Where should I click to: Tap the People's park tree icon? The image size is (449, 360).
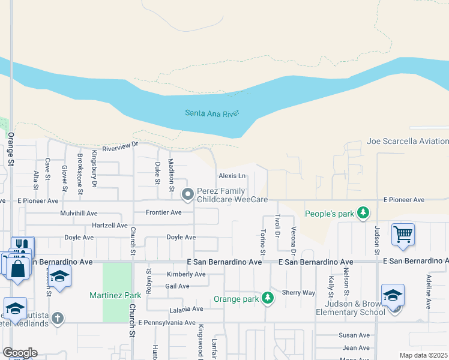[x=363, y=213]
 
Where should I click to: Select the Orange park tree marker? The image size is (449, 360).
[x=268, y=298]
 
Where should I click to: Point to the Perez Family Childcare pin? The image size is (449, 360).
[x=188, y=194]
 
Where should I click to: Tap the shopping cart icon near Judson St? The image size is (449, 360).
[x=403, y=235]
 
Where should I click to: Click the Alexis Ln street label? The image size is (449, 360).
[x=232, y=176]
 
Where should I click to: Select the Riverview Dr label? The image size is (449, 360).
[x=121, y=145]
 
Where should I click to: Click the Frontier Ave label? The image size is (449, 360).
[x=164, y=212]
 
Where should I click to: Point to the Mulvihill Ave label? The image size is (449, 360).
[x=79, y=213]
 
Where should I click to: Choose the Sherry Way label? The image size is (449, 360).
[x=298, y=293]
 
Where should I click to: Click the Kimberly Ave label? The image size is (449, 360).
[x=186, y=274]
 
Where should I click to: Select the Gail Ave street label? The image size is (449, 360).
[x=177, y=286]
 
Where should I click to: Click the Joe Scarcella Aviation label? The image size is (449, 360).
[x=408, y=142]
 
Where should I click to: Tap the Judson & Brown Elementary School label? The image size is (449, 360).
[x=347, y=307]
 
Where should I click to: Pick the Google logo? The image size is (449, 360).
[x=20, y=352]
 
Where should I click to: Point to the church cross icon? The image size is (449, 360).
[x=58, y=318]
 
